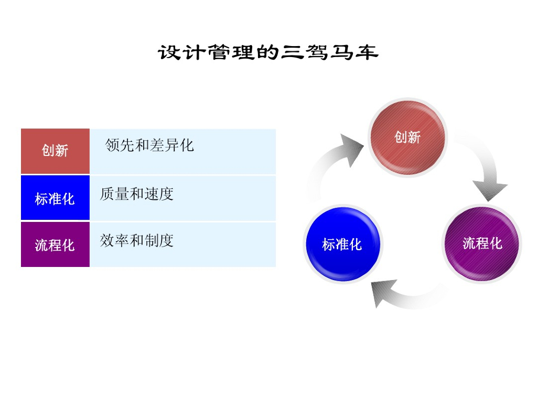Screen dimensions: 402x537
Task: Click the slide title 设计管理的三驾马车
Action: tap(268, 53)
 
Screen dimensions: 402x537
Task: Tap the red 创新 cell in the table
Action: tap(55, 151)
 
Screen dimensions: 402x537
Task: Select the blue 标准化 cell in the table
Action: tap(55, 198)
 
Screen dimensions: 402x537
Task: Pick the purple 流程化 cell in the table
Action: tap(55, 244)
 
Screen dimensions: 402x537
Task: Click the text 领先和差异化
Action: tap(149, 145)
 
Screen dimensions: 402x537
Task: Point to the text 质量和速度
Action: tap(136, 194)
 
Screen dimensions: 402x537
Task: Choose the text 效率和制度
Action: tap(136, 241)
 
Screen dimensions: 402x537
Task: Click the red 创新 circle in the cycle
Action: tap(407, 137)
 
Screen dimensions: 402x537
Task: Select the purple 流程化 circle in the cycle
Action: tap(482, 244)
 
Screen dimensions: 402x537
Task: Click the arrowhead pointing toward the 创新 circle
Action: tap(350, 148)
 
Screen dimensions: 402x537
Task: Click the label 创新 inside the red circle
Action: tap(407, 137)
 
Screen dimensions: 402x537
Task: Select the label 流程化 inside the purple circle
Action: tap(482, 243)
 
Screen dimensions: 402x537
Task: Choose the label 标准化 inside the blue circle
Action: tap(342, 244)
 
